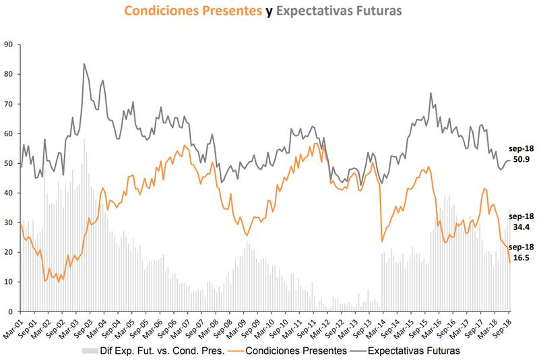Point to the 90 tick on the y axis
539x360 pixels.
pos(9,44)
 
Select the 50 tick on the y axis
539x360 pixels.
pos(9,163)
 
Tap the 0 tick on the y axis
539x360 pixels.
pos(11,311)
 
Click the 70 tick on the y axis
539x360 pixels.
pos(9,104)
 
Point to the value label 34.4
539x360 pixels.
pos(521,227)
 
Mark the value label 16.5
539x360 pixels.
pos(521,257)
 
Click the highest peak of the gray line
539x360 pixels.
pos(84,64)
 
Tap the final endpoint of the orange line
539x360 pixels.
pos(509,262)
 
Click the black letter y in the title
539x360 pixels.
pos(268,11)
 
